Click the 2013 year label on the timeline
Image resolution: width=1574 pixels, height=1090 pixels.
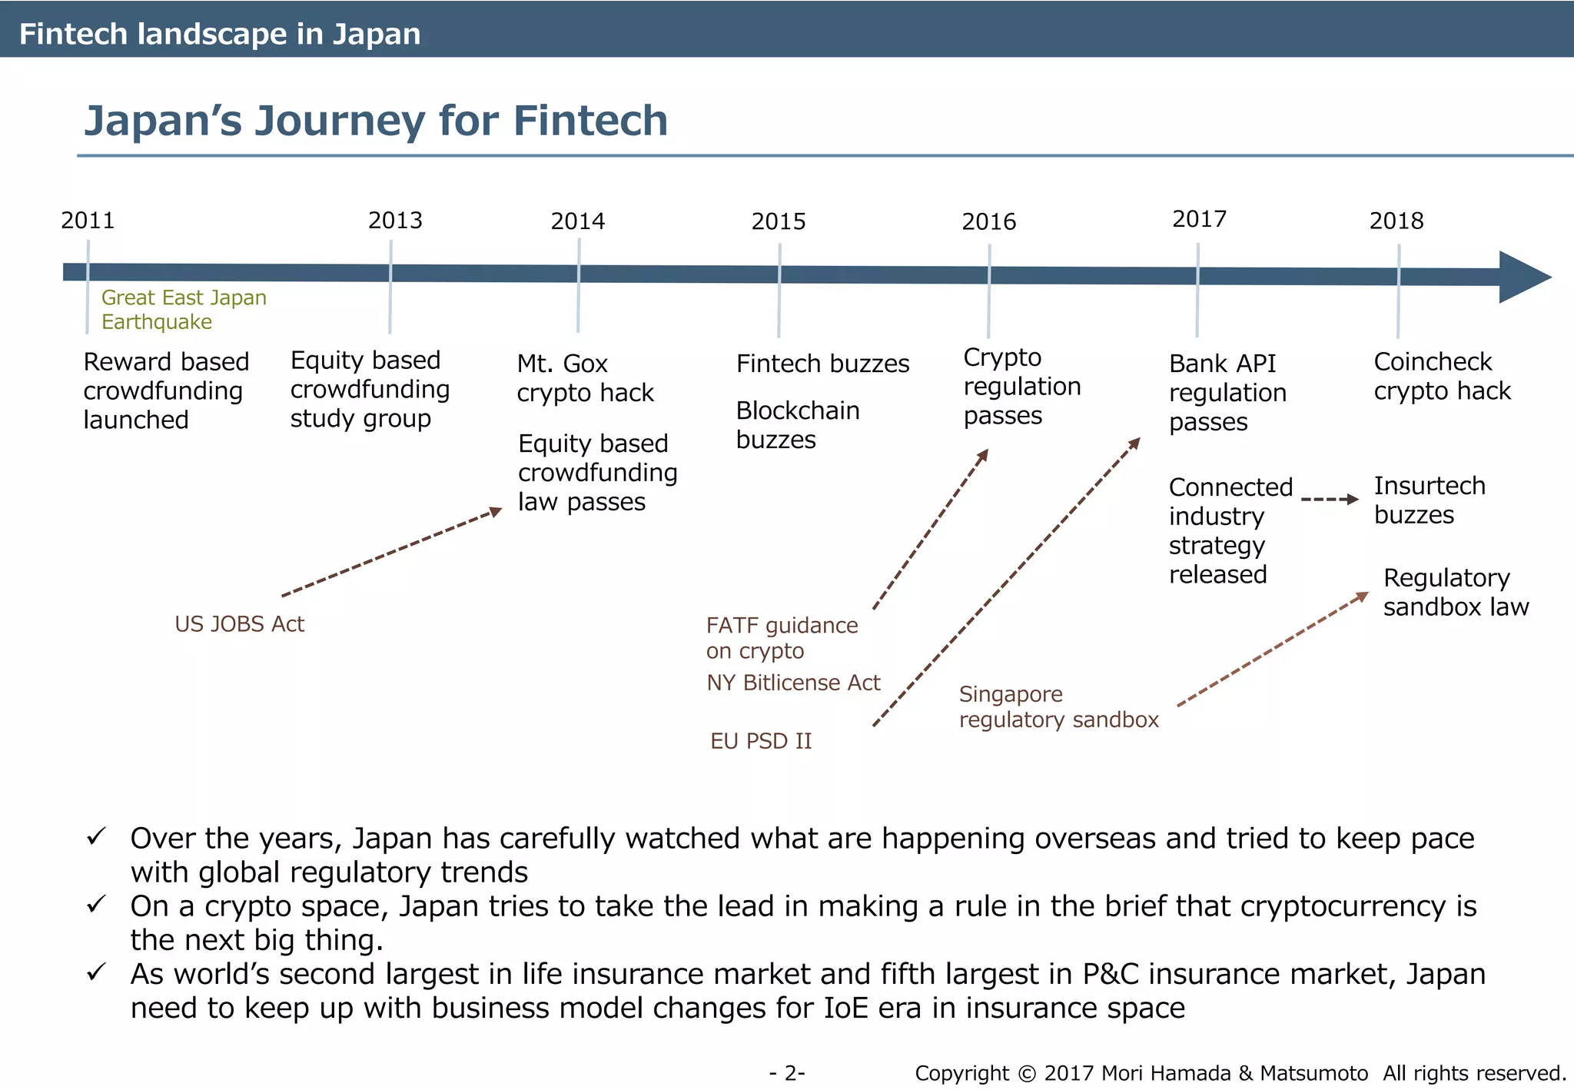point(395,221)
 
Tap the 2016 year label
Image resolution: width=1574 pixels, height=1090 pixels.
point(988,222)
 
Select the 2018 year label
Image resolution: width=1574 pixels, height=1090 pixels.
point(1396,221)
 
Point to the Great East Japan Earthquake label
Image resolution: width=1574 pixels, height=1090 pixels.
point(184,309)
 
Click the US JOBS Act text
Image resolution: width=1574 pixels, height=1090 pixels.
point(239,624)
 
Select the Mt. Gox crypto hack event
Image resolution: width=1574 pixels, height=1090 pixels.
point(584,378)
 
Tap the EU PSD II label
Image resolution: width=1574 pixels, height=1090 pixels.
point(760,741)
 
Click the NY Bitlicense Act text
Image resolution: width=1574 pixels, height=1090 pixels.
point(793,683)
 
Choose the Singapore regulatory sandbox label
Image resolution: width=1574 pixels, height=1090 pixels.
point(1058,706)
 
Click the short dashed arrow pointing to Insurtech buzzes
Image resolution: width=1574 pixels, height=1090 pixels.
point(1330,500)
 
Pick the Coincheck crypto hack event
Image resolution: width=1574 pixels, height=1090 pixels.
point(1442,376)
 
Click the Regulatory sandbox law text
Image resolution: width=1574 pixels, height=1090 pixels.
point(1455,592)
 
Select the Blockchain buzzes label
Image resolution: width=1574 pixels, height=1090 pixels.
point(797,425)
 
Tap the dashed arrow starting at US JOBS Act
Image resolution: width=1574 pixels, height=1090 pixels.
point(391,553)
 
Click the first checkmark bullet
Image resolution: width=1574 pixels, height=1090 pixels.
point(96,836)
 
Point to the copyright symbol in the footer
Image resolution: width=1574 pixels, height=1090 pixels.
point(1027,1073)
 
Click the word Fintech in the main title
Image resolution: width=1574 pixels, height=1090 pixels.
point(589,121)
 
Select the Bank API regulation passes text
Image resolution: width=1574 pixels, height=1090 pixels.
point(1227,393)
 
